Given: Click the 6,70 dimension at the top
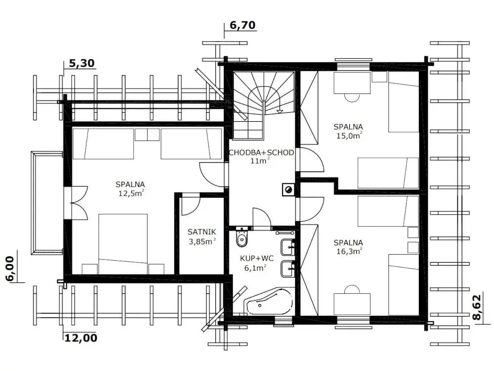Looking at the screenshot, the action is pyautogui.click(x=243, y=25).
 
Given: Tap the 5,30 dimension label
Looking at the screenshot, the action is pyautogui.click(x=82, y=63).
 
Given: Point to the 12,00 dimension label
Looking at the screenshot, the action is pyautogui.click(x=81, y=338).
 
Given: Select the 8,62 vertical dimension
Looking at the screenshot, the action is pyautogui.click(x=477, y=308).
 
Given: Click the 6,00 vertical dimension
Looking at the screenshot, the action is pyautogui.click(x=10, y=269).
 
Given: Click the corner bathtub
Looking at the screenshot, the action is pyautogui.click(x=270, y=301).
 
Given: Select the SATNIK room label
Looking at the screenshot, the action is pyautogui.click(x=202, y=232).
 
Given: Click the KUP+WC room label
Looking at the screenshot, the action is pyautogui.click(x=257, y=258).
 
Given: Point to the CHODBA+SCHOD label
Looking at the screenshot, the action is pyautogui.click(x=261, y=153).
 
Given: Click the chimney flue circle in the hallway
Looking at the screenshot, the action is pyautogui.click(x=288, y=190).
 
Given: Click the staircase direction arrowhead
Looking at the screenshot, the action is pyautogui.click(x=280, y=111).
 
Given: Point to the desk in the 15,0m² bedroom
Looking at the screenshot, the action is pyautogui.click(x=352, y=83).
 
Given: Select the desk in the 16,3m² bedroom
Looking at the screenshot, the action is pyautogui.click(x=352, y=304).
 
